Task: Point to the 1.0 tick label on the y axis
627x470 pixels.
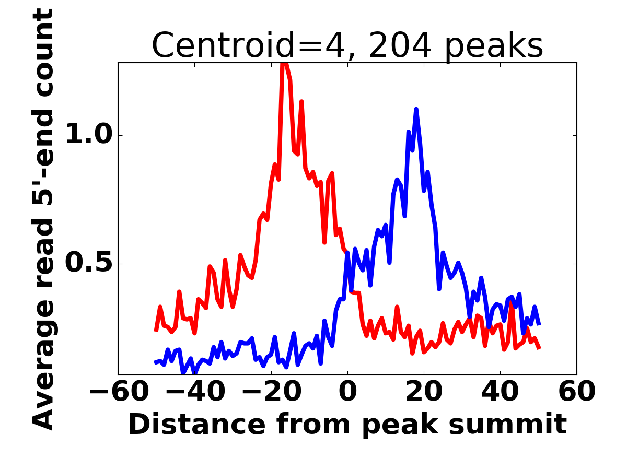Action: (x=88, y=136)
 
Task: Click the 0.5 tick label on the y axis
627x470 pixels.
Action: (x=88, y=264)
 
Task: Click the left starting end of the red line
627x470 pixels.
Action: (x=156, y=331)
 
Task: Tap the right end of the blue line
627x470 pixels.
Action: (x=539, y=324)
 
